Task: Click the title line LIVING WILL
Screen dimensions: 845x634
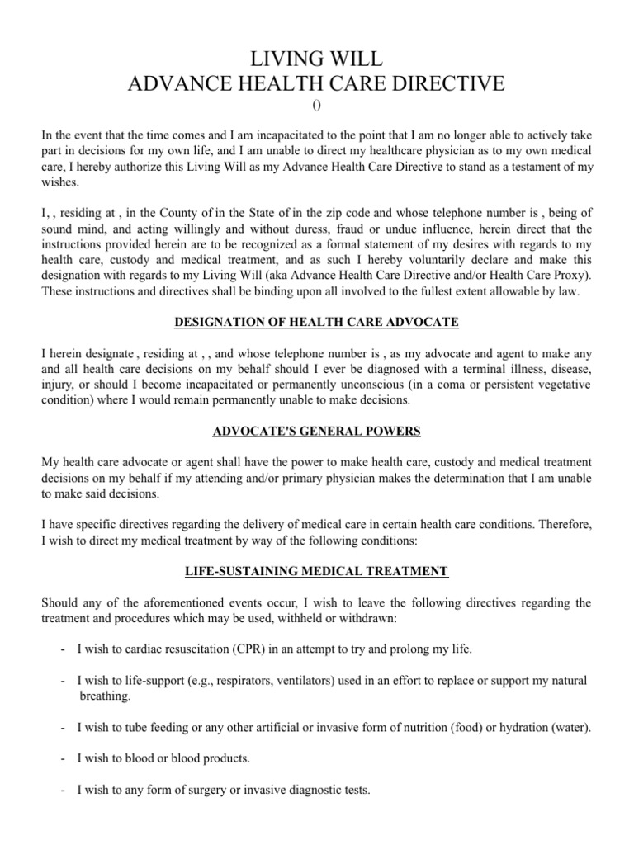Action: [316, 59]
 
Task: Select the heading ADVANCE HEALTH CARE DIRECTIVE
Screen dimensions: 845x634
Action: [316, 83]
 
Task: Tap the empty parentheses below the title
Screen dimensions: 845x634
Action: [316, 105]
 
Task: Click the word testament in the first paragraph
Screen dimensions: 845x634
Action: [537, 166]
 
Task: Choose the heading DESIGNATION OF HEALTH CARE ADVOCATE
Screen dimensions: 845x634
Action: [316, 321]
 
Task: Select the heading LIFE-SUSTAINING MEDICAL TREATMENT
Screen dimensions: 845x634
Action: [316, 570]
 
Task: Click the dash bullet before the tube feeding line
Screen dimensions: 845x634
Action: [64, 728]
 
